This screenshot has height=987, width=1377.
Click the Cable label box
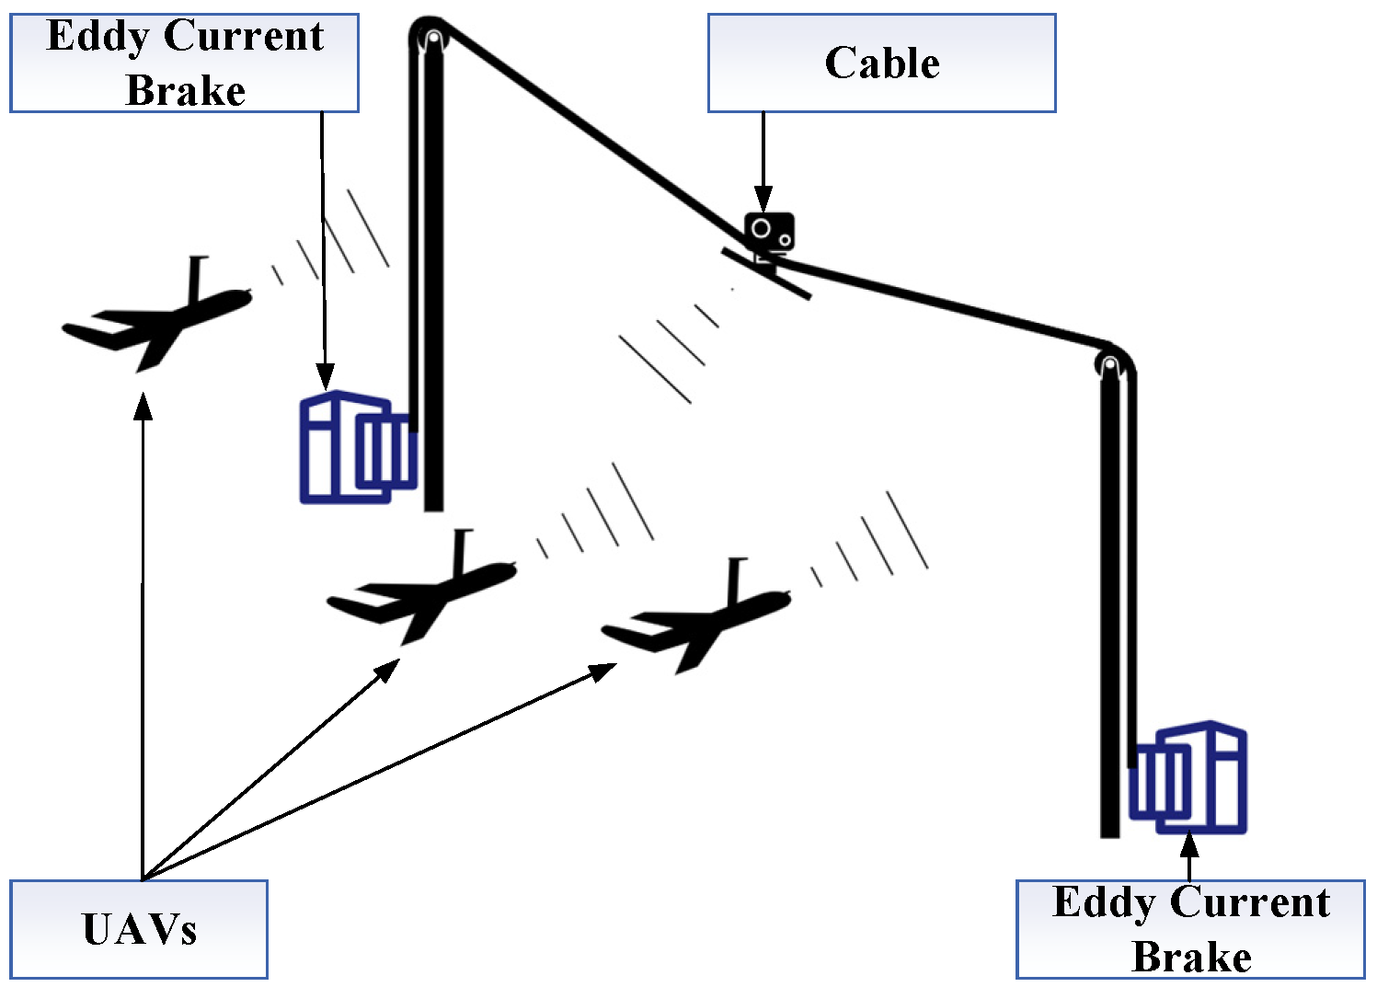881,63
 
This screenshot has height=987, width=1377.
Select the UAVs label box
139,929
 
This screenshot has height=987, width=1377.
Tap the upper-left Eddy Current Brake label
184,63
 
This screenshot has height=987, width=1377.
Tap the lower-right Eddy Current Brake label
1190,929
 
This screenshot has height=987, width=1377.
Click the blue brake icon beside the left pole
357,448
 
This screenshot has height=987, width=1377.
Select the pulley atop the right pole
1110,363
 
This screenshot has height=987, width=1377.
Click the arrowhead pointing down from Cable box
763,199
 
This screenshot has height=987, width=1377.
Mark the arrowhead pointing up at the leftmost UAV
143,406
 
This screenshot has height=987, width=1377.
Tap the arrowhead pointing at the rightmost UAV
602,671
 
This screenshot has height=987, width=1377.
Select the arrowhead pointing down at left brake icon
325,376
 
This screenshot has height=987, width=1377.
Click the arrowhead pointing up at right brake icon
1189,844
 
